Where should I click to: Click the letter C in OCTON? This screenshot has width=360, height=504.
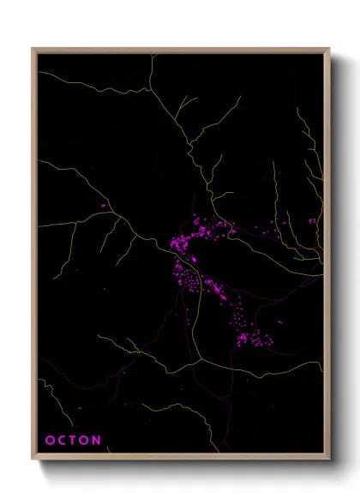click(x=61, y=441)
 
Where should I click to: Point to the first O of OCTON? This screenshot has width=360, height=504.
click(x=49, y=441)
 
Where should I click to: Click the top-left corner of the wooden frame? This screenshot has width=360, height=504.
click(x=33, y=49)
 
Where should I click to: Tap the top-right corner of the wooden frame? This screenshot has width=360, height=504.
click(x=328, y=49)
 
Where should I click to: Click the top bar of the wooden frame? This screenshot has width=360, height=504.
click(x=180, y=51)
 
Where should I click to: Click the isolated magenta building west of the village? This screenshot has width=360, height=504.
click(x=104, y=207)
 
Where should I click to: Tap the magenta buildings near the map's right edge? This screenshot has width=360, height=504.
click(x=312, y=221)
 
